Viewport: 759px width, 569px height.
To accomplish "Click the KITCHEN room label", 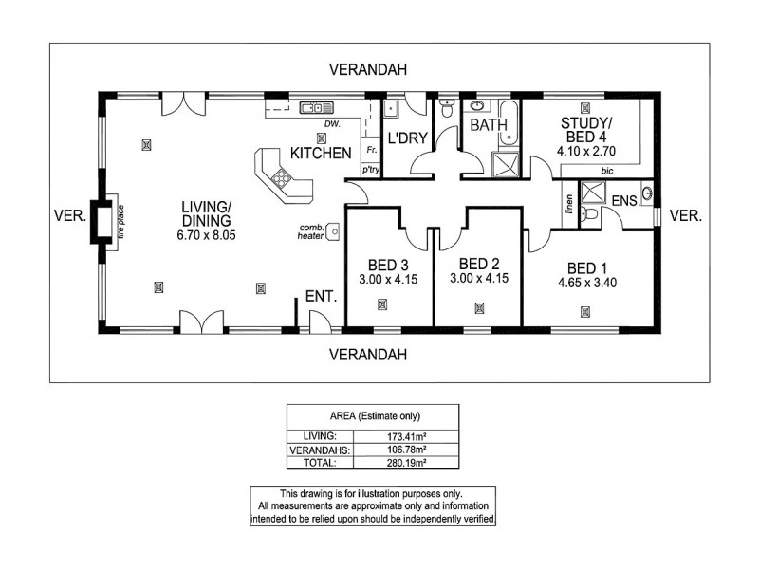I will click(x=321, y=153).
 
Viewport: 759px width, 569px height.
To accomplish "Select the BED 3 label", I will click(x=382, y=265).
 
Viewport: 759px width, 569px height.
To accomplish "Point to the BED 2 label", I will click(x=478, y=264).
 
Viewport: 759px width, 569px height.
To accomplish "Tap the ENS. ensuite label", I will click(x=623, y=200).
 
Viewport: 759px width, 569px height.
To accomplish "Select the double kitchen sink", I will click(x=314, y=107).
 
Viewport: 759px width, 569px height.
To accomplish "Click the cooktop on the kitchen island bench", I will click(x=282, y=177).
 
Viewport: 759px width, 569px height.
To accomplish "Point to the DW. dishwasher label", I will click(x=331, y=124).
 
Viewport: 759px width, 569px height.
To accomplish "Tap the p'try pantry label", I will click(x=371, y=169).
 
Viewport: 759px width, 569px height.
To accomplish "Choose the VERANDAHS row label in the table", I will click(x=320, y=449).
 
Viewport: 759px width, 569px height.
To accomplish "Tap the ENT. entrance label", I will click(x=320, y=297).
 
